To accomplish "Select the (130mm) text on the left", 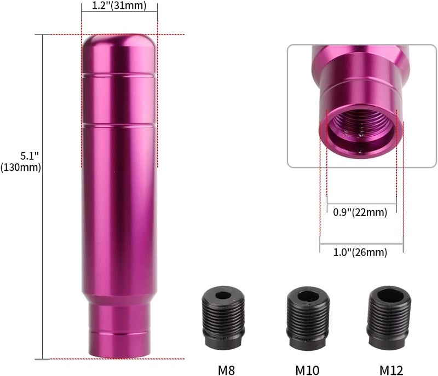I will (x=21, y=168).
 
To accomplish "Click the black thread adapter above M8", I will (x=223, y=318).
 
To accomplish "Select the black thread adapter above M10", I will (x=308, y=318).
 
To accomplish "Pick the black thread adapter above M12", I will (x=389, y=318).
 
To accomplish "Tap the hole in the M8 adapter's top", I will (x=223, y=296).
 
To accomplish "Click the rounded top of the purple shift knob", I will (x=119, y=44).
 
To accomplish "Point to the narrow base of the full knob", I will (x=119, y=328).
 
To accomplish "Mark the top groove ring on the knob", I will (x=119, y=73).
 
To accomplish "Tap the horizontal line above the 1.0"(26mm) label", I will (x=361, y=244).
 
